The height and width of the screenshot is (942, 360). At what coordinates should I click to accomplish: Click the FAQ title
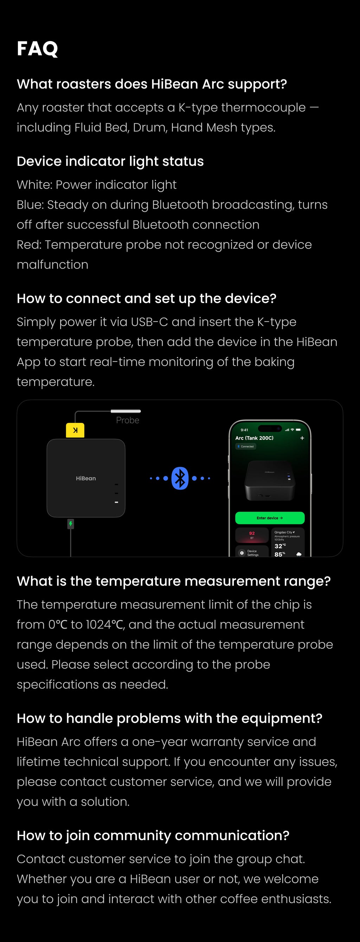pyautogui.click(x=37, y=48)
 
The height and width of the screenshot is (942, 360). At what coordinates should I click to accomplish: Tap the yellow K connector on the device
pyautogui.click(x=75, y=430)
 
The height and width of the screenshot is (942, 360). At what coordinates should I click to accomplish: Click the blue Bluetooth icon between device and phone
pyautogui.click(x=180, y=478)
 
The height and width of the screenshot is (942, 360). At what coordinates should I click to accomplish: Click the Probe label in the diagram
pyautogui.click(x=127, y=420)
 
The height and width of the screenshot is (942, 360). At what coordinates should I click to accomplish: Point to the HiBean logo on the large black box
pyautogui.click(x=86, y=478)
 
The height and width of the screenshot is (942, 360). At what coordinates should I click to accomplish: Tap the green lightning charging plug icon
pyautogui.click(x=71, y=524)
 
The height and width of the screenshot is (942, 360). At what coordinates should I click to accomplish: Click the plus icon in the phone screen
pyautogui.click(x=302, y=438)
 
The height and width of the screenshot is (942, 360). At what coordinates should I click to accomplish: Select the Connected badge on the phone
pyautogui.click(x=245, y=446)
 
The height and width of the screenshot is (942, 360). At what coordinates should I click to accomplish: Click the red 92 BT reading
pyautogui.click(x=252, y=534)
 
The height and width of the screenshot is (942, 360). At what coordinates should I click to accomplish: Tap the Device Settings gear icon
pyautogui.click(x=242, y=553)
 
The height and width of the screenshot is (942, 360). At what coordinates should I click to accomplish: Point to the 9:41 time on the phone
pyautogui.click(x=244, y=430)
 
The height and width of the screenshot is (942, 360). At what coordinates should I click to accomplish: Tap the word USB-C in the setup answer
pyautogui.click(x=149, y=322)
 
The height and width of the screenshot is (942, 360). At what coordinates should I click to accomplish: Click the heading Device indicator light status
pyautogui.click(x=110, y=161)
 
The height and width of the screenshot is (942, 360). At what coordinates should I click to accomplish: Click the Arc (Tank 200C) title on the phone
pyautogui.click(x=254, y=438)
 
